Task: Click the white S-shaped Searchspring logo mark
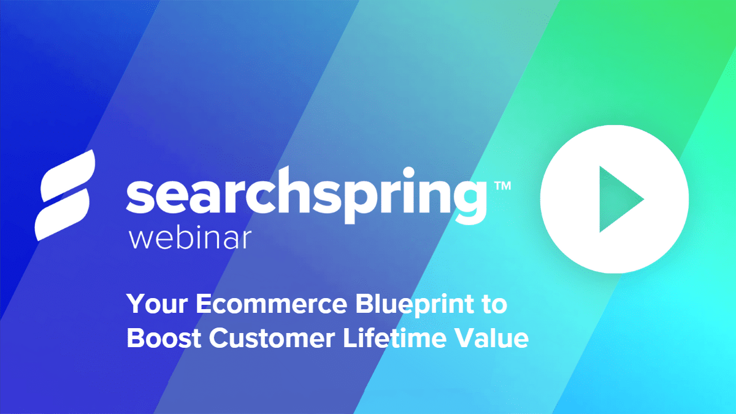64,194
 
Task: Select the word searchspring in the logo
304,196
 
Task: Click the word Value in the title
496,339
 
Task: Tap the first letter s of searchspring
139,196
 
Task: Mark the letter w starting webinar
140,239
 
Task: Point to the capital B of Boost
135,339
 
